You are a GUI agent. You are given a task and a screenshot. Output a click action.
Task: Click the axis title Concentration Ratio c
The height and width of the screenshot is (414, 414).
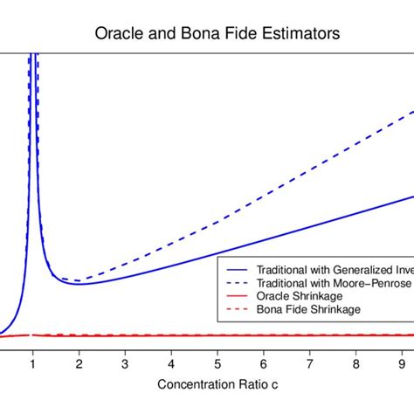point(207,385)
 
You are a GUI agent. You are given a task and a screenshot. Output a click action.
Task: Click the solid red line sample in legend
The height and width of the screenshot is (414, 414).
point(236,297)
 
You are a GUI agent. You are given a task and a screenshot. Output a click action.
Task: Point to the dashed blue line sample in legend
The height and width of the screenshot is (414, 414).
point(236,284)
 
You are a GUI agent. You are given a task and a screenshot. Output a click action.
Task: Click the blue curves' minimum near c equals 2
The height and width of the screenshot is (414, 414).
point(79,282)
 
